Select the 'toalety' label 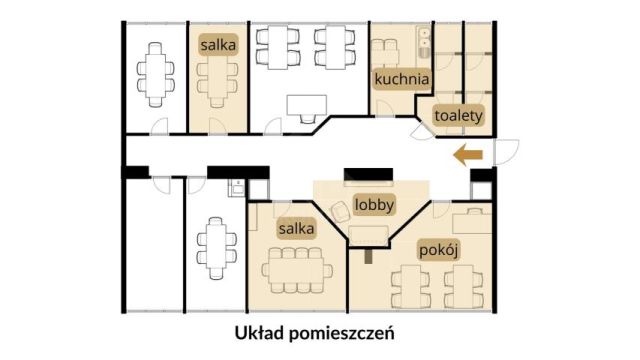tap(459, 115)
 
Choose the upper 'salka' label tap(218, 46)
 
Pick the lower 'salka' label tap(298, 229)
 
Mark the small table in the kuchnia tap(386, 50)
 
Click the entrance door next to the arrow tap(508, 147)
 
